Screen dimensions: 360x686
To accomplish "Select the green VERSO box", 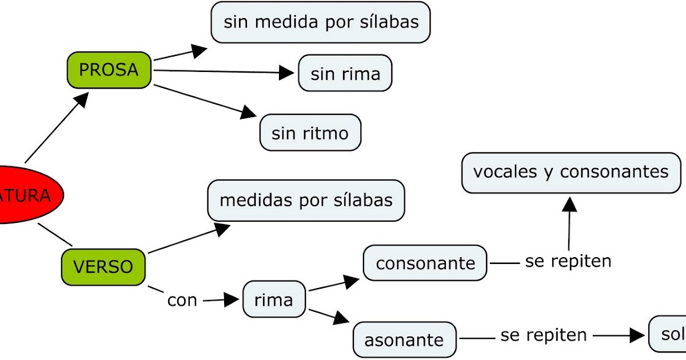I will (x=103, y=266).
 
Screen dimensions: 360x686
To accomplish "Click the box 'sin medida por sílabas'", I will (x=321, y=23).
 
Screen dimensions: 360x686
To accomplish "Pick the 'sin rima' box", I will (x=345, y=73).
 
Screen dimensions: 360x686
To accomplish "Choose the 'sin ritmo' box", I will (x=310, y=133).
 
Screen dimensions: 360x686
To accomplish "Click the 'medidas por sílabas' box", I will (x=306, y=201).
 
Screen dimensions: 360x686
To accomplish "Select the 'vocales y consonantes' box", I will (x=571, y=172).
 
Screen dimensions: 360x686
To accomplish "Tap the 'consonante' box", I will (x=425, y=263).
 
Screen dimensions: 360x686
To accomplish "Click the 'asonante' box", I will (x=404, y=340).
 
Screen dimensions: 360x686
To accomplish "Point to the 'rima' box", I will (x=274, y=299).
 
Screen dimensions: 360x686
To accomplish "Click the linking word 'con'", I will (x=182, y=300).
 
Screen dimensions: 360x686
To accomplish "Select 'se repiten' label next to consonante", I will (x=568, y=262).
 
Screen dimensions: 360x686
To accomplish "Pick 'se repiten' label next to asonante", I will (x=544, y=335).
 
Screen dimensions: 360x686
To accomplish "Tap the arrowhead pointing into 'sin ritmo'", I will (x=248, y=112).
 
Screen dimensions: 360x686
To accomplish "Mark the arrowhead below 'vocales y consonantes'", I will (x=569, y=203).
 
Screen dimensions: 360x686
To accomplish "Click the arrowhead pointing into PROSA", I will (x=82, y=101).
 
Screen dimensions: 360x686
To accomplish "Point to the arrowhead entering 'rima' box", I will (x=231, y=299).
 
